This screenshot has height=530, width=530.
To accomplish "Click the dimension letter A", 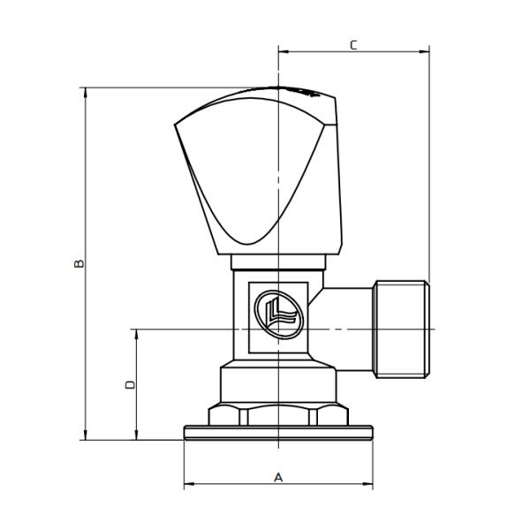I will coord(278,477).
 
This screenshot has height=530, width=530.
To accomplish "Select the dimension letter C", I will coord(353,44).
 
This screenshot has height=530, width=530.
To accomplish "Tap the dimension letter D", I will coord(130,384).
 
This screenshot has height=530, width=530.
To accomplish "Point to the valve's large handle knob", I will coord(256,172).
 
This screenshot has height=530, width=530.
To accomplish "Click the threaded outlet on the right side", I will coord(402,329).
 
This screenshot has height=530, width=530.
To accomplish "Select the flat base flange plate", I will coord(278,432).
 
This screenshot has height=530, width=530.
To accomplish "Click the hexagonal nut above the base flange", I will coord(278,414).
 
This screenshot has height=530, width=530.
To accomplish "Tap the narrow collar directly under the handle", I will coord(278,261).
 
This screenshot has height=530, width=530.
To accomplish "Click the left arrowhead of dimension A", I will coord(188,485).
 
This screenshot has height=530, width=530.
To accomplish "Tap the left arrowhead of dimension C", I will coord(283,51).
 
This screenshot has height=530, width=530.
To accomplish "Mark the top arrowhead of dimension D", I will coord(136,334).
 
